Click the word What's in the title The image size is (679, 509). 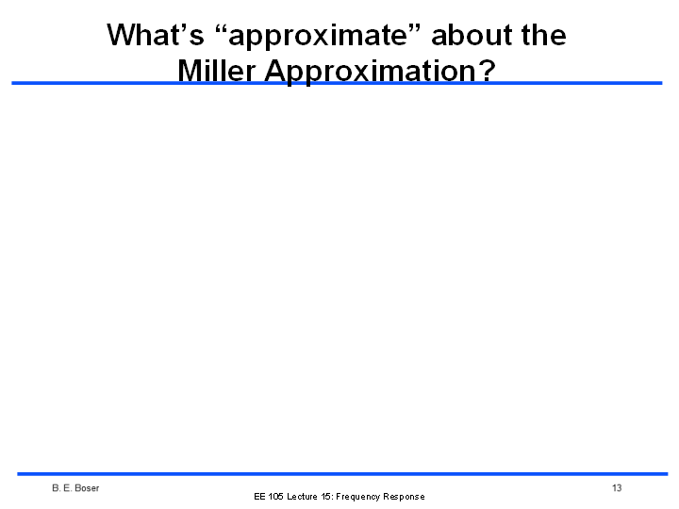tap(155, 35)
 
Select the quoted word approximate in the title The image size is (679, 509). tap(318, 37)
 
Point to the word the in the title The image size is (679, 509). tap(543, 35)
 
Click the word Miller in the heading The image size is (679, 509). tap(216, 70)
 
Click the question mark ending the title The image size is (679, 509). tap(487, 70)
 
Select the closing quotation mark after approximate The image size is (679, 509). tap(414, 28)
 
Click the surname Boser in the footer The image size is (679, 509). tap(87, 488)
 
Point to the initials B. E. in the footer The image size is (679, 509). tap(62, 488)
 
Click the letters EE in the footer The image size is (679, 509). tap(259, 497)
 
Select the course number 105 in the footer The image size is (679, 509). tap(275, 497)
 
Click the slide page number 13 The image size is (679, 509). tap(617, 488)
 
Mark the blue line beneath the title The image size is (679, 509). tap(337, 83)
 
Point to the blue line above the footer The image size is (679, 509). tap(342, 474)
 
